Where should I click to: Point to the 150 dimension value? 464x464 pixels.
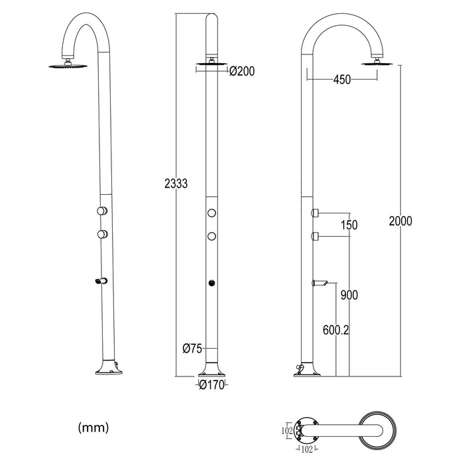click(x=349, y=225)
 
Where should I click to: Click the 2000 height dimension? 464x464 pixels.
click(x=401, y=221)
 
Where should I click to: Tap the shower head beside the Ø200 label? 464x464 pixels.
click(x=211, y=65)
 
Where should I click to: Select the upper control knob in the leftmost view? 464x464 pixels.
click(x=101, y=211)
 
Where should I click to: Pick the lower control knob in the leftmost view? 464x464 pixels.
click(x=101, y=233)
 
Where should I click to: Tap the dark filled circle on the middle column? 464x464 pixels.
click(x=212, y=283)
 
